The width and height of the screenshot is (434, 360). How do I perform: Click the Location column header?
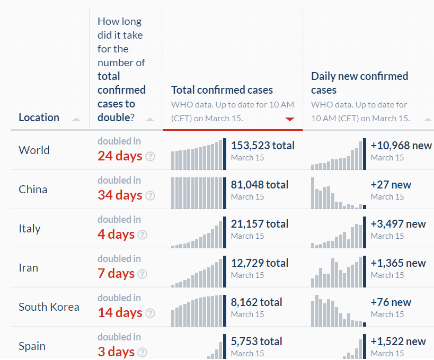[39, 118]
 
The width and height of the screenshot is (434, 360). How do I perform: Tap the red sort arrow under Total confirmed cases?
[289, 119]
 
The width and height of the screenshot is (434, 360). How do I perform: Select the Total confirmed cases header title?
[222, 90]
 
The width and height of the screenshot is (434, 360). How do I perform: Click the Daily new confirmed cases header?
[359, 83]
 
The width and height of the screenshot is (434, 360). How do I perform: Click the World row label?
[34, 150]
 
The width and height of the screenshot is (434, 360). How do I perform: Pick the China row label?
[33, 190]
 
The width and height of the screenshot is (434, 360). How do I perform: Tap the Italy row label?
[30, 229]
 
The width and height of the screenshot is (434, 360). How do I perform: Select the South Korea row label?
[49, 307]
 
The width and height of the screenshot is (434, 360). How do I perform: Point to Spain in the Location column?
[32, 346]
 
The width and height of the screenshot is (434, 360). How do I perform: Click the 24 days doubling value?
[120, 156]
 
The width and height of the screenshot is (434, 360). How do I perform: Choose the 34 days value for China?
[120, 195]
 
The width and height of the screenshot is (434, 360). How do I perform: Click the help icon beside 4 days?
[142, 235]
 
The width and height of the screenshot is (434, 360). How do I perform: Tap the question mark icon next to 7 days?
[142, 274]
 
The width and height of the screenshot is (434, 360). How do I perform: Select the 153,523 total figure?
[263, 145]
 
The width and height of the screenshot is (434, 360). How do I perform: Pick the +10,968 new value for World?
[401, 145]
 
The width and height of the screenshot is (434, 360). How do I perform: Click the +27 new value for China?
[391, 184]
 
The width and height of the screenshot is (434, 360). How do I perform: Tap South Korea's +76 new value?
[391, 302]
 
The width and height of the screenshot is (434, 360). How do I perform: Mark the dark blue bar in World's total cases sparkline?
[225, 154]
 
